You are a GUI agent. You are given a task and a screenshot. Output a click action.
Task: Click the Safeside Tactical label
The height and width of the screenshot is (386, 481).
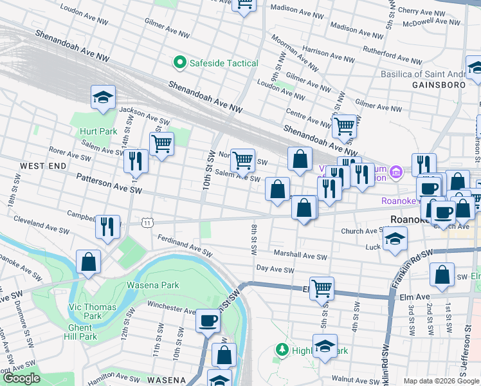[222, 63]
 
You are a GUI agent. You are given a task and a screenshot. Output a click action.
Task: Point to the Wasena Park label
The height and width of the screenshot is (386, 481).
[152, 285]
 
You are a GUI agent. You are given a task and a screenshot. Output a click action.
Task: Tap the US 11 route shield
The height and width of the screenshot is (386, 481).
[148, 222]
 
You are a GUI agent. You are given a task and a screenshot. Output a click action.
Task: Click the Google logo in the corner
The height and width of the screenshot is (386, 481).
[21, 378]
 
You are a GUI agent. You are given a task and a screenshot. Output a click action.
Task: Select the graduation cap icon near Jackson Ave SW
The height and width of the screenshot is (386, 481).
[103, 97]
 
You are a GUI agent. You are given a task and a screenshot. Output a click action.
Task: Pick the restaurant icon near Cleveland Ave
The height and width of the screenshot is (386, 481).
[107, 226]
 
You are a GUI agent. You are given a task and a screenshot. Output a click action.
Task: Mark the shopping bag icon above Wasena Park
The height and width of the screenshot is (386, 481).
[89, 261]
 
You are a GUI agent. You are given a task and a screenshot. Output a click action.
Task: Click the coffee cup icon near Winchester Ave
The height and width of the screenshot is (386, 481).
[208, 319]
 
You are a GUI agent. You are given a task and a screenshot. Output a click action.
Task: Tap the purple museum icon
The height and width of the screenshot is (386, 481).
[397, 171]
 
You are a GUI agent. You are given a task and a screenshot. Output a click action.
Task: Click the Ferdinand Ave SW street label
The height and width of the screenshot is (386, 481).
[185, 246]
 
